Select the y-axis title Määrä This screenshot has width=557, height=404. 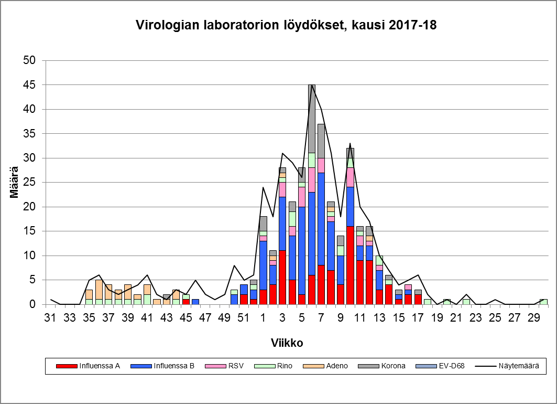click(15, 182)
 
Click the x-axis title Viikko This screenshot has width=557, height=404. click(287, 343)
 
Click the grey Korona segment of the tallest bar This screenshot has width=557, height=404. click(312, 119)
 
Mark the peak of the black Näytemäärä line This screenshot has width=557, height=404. click(312, 85)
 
